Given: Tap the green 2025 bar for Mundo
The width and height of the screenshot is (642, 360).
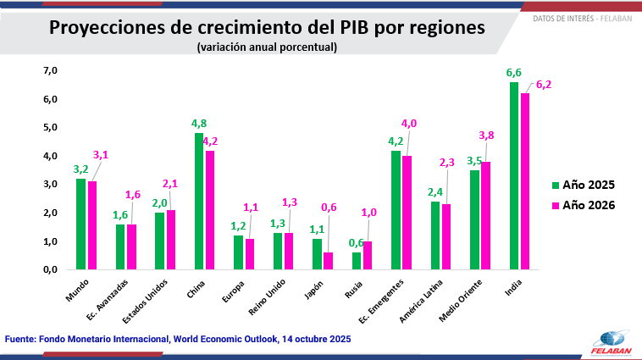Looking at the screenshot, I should coord(80,224).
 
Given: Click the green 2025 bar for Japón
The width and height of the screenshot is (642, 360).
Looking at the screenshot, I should coord(317,254).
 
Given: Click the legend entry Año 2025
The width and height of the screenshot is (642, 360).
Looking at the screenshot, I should coord(583,184).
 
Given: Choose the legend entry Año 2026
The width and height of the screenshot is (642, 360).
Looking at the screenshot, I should coord(583,205).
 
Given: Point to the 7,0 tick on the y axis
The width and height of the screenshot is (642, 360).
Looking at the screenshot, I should coord(50,71).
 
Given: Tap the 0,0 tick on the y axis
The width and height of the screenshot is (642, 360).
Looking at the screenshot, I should coord(50,269).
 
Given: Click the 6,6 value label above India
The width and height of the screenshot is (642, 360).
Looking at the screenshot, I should coord(514,73).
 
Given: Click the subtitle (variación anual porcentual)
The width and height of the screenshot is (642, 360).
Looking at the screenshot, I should coord(267,47).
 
